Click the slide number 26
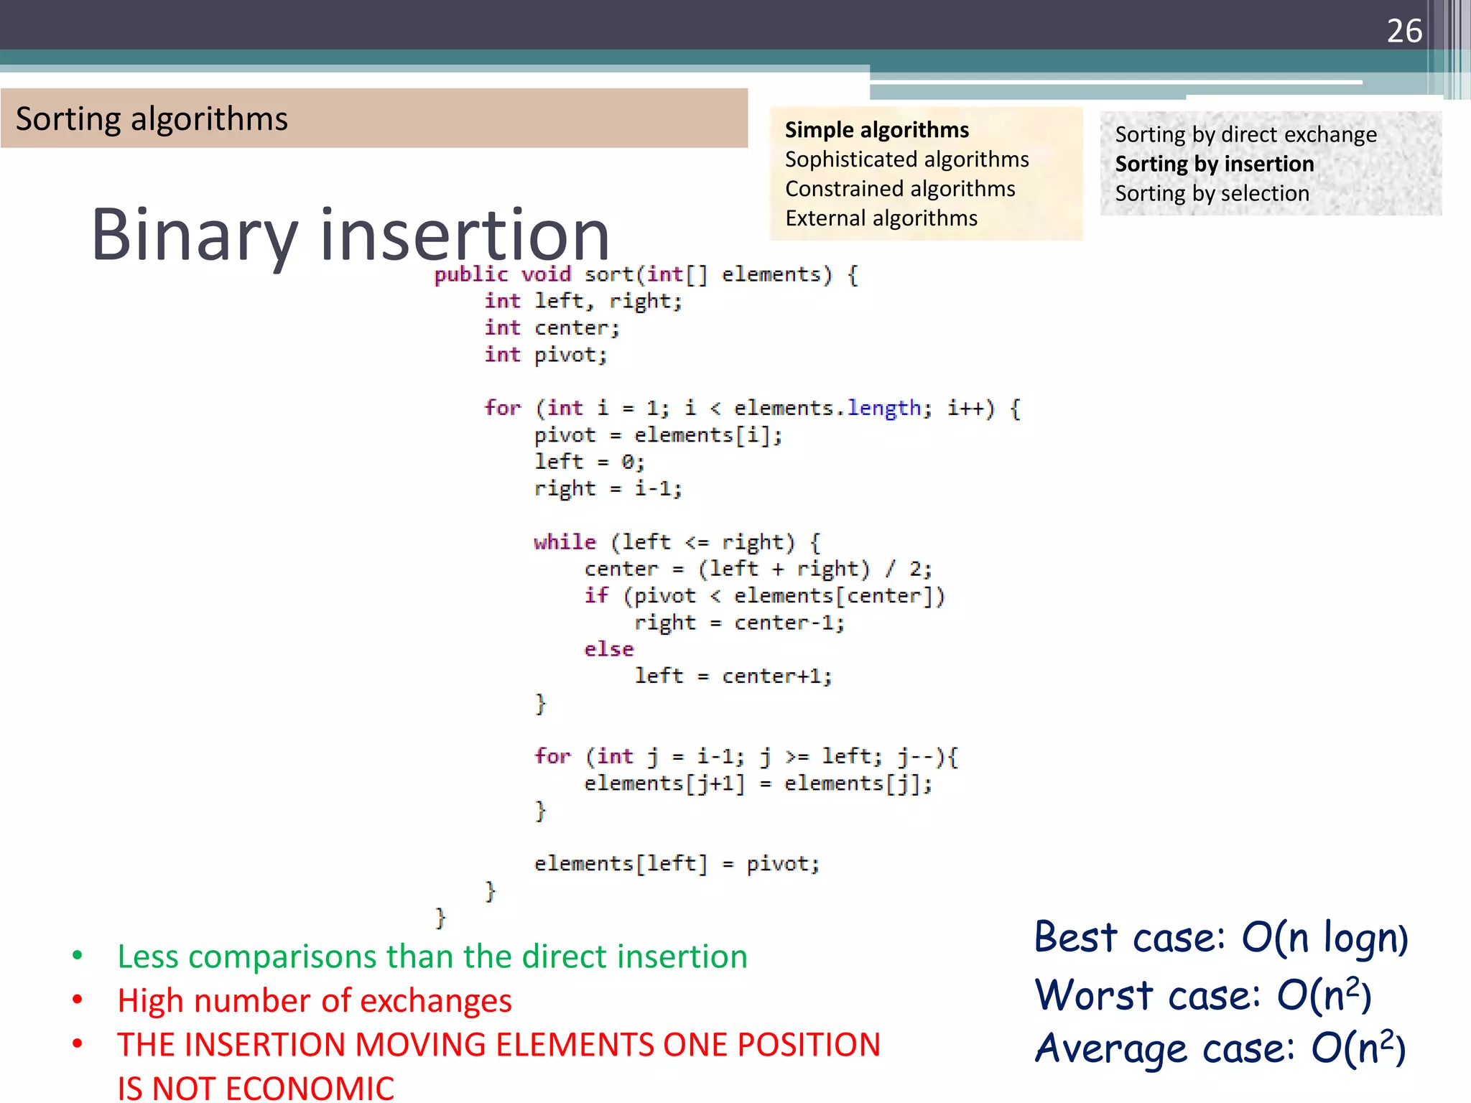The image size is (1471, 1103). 1403,31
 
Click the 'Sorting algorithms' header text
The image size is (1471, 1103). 152,119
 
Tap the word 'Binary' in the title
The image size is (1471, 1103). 194,235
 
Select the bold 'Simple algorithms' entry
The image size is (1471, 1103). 876,130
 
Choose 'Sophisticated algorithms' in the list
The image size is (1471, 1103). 906,159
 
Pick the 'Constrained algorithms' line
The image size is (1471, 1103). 900,189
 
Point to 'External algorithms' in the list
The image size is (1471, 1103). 881,218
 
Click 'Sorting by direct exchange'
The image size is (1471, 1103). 1245,135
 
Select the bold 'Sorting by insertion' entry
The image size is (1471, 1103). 1214,164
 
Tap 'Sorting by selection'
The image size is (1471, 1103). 1212,194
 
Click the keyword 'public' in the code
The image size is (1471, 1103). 470,274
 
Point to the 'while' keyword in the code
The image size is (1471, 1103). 565,542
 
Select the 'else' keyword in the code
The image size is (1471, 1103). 608,649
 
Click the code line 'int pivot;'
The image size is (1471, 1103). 546,355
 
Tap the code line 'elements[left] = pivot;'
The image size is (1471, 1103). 677,863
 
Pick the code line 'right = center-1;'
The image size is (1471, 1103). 738,623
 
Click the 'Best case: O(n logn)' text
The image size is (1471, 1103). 1220,938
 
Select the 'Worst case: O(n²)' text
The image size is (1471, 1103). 1203,995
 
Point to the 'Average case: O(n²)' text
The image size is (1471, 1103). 1220,1048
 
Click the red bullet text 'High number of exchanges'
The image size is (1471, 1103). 315,1001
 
